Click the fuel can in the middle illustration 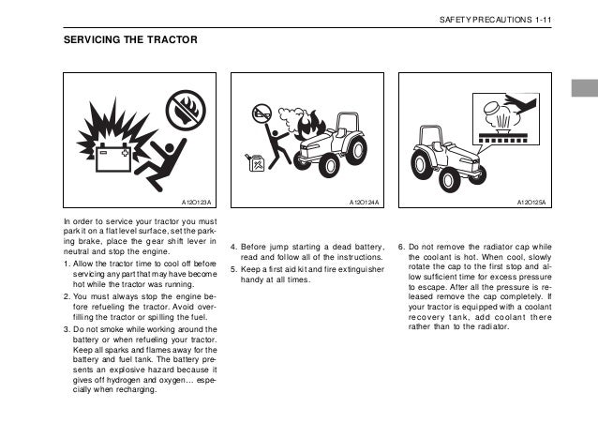(252, 164)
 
